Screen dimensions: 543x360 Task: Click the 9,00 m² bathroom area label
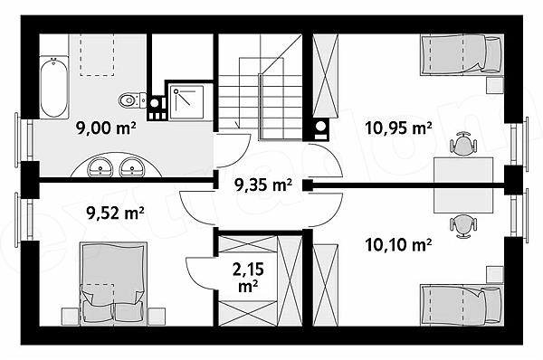(106, 128)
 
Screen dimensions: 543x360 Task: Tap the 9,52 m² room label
(116, 213)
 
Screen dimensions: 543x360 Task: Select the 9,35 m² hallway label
(263, 185)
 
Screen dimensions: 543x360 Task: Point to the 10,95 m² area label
(398, 128)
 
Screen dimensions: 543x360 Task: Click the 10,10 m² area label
(398, 245)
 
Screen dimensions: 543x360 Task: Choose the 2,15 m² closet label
(248, 278)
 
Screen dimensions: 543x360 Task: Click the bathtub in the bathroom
(54, 88)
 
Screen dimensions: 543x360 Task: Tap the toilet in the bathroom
(132, 100)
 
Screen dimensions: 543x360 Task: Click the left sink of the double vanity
(100, 168)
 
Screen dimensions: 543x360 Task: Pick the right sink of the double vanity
(132, 168)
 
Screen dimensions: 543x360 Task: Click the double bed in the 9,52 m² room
(113, 284)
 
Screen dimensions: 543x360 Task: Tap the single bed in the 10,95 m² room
(462, 54)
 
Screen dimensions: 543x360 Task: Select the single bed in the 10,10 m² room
(462, 306)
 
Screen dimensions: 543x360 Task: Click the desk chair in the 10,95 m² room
(463, 144)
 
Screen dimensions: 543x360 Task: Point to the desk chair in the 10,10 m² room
(463, 226)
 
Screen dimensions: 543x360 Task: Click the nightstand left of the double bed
(71, 317)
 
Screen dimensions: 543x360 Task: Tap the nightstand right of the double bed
(157, 317)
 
